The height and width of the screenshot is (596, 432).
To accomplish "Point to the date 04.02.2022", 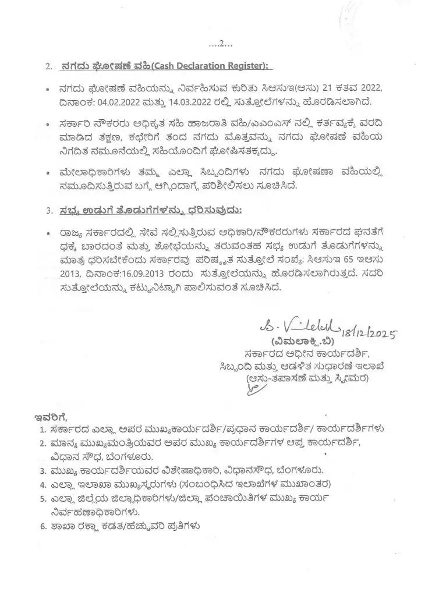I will click(x=124, y=102).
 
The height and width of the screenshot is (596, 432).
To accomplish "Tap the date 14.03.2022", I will click(x=206, y=102).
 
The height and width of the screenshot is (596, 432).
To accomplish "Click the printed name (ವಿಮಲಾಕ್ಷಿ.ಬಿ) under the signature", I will click(x=296, y=342).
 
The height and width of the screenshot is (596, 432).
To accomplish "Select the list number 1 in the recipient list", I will click(x=43, y=430).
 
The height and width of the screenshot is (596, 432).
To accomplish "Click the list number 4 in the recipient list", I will click(x=43, y=484).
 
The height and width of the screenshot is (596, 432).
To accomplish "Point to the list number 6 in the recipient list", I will click(x=43, y=527).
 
